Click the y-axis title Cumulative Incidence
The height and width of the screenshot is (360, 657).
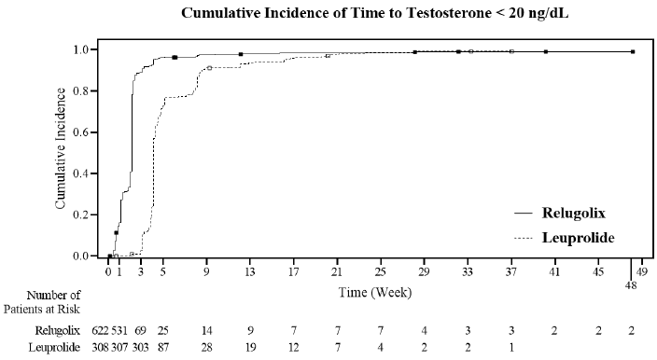(61, 152)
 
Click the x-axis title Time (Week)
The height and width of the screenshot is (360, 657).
(376, 292)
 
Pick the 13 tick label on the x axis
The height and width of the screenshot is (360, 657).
(250, 272)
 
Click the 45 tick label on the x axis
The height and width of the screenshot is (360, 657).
(597, 272)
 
